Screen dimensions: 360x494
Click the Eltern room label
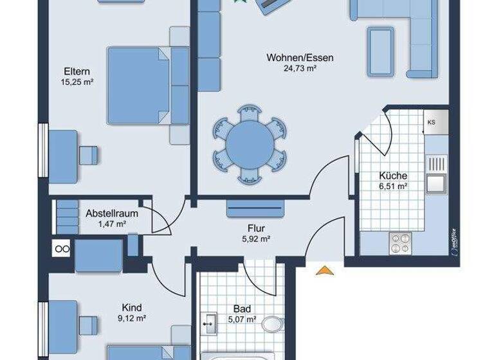[x=76, y=71]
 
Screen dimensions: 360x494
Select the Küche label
[x=392, y=175]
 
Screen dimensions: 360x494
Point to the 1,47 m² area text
[x=111, y=224]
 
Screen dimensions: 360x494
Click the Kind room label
[x=131, y=307]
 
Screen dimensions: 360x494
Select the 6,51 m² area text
[x=392, y=186]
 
